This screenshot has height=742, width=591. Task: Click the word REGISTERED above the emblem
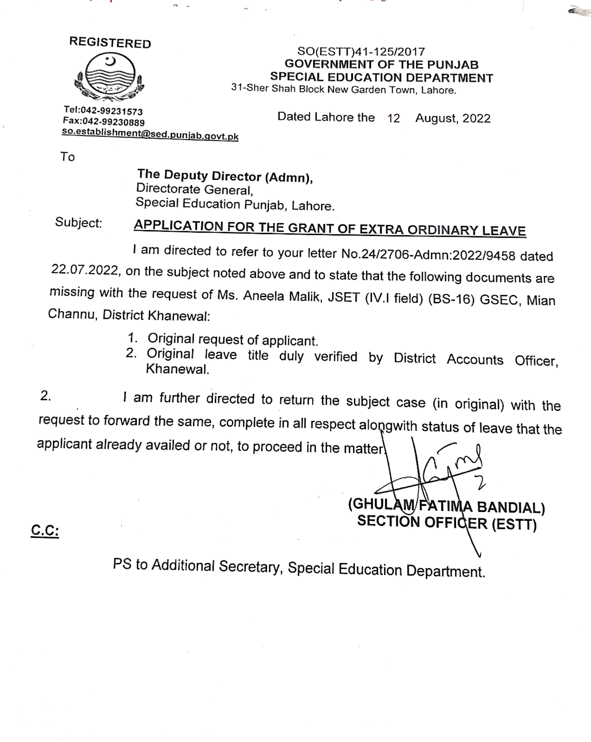pyautogui.click(x=110, y=43)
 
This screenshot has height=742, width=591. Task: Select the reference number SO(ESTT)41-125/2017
pyautogui.click(x=361, y=52)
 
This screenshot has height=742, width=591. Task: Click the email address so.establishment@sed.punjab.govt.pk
pyautogui.click(x=150, y=134)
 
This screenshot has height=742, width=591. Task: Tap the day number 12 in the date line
pyautogui.click(x=394, y=118)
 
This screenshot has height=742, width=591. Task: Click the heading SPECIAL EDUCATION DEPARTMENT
pyautogui.click(x=381, y=78)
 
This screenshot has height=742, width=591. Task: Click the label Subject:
pyautogui.click(x=79, y=223)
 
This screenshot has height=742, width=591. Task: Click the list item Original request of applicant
pyautogui.click(x=233, y=340)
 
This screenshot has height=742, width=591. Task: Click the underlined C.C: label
pyautogui.click(x=45, y=530)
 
